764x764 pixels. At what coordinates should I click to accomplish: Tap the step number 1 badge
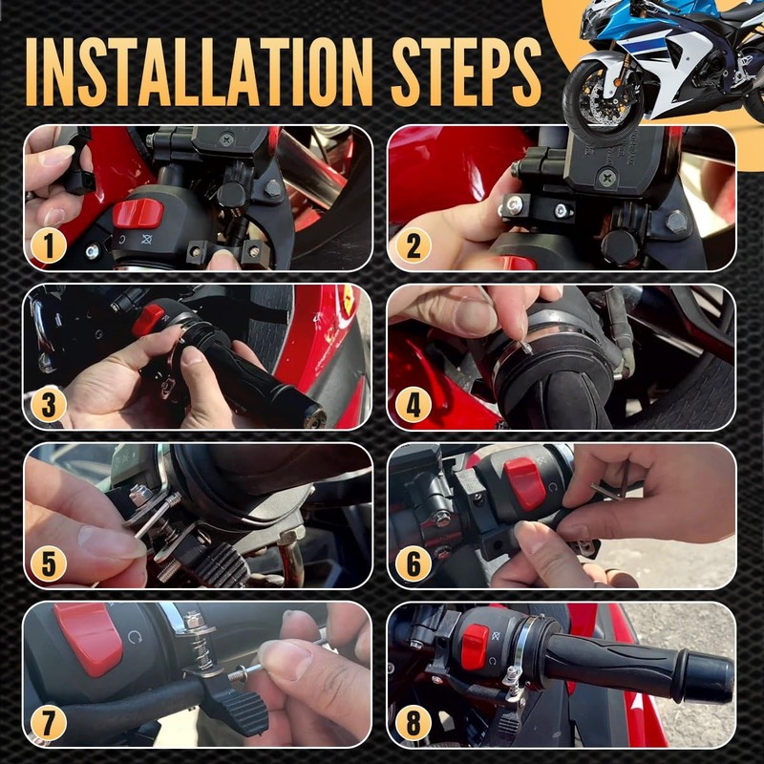[x=49, y=246]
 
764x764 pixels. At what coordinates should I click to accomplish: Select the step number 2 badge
[x=414, y=246]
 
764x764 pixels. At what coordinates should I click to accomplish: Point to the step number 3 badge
[x=49, y=405]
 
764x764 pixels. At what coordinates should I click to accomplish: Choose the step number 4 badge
[x=414, y=405]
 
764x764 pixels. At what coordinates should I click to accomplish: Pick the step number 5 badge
[x=49, y=563]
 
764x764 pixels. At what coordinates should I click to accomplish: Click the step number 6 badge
[x=414, y=563]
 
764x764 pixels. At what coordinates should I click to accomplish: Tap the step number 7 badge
[x=49, y=723]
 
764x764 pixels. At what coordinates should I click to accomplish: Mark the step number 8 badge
[x=414, y=723]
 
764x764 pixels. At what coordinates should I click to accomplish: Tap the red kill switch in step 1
[x=138, y=213]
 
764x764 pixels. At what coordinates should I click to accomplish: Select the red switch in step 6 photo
[x=524, y=483]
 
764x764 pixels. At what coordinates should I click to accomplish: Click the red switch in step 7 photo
[x=89, y=638]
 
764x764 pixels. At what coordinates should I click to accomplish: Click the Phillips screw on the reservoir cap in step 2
[x=607, y=179]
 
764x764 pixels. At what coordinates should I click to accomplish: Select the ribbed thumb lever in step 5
[x=223, y=565]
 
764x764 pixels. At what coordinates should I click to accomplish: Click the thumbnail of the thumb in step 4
[x=475, y=317]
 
